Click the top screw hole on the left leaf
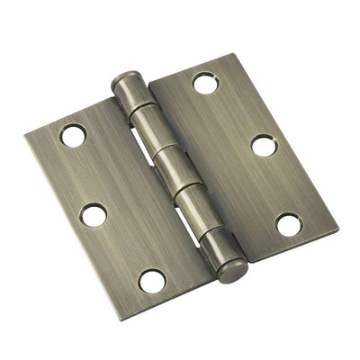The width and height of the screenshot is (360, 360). pyautogui.click(x=73, y=136)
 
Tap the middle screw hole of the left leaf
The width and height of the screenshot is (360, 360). pyautogui.click(x=94, y=214)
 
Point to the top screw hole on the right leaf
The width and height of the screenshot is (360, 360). pyautogui.click(x=204, y=83)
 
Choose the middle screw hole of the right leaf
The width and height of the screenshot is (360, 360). pyautogui.click(x=262, y=145)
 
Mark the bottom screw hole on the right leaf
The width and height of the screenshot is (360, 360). pyautogui.click(x=289, y=224)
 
